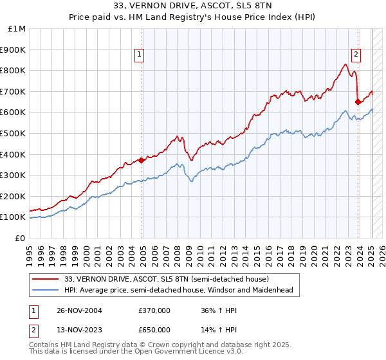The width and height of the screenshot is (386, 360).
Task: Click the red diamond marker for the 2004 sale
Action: click(x=141, y=161)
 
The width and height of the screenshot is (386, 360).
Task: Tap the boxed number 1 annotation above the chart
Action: click(x=139, y=55)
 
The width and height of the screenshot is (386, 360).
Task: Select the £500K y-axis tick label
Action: click(x=14, y=133)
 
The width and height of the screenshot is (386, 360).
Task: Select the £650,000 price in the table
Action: click(x=154, y=330)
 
